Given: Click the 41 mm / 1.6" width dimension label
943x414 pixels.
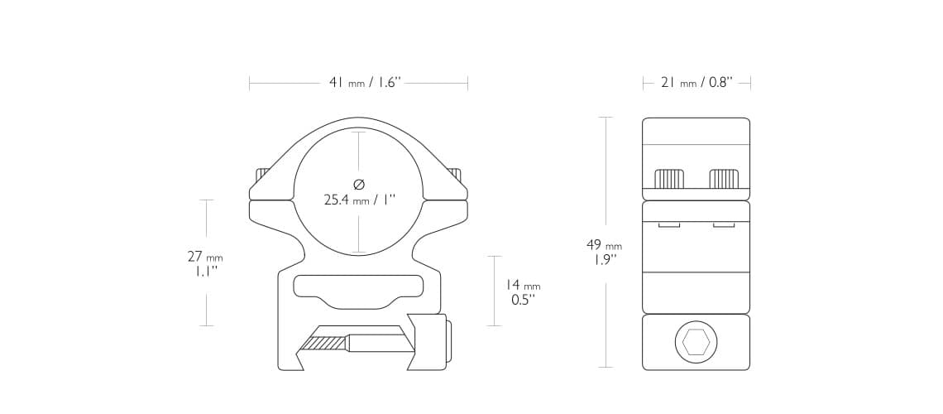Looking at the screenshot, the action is coord(365,83).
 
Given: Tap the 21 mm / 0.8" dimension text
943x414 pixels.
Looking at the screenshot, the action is coord(696,83).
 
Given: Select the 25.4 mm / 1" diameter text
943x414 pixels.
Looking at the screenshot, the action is coord(360,200).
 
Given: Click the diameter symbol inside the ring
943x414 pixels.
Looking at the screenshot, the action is coord(359,184).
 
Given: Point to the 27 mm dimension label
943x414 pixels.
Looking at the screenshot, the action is coord(205,257).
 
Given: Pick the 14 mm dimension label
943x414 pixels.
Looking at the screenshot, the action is coord(523,285).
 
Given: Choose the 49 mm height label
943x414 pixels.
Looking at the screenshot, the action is coord(604,245).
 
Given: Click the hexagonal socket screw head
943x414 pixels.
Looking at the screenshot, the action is coord(696,342).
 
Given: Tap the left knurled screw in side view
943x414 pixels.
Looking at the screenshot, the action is coord(668,179).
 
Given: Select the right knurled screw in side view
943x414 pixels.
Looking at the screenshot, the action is coord(724,179).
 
